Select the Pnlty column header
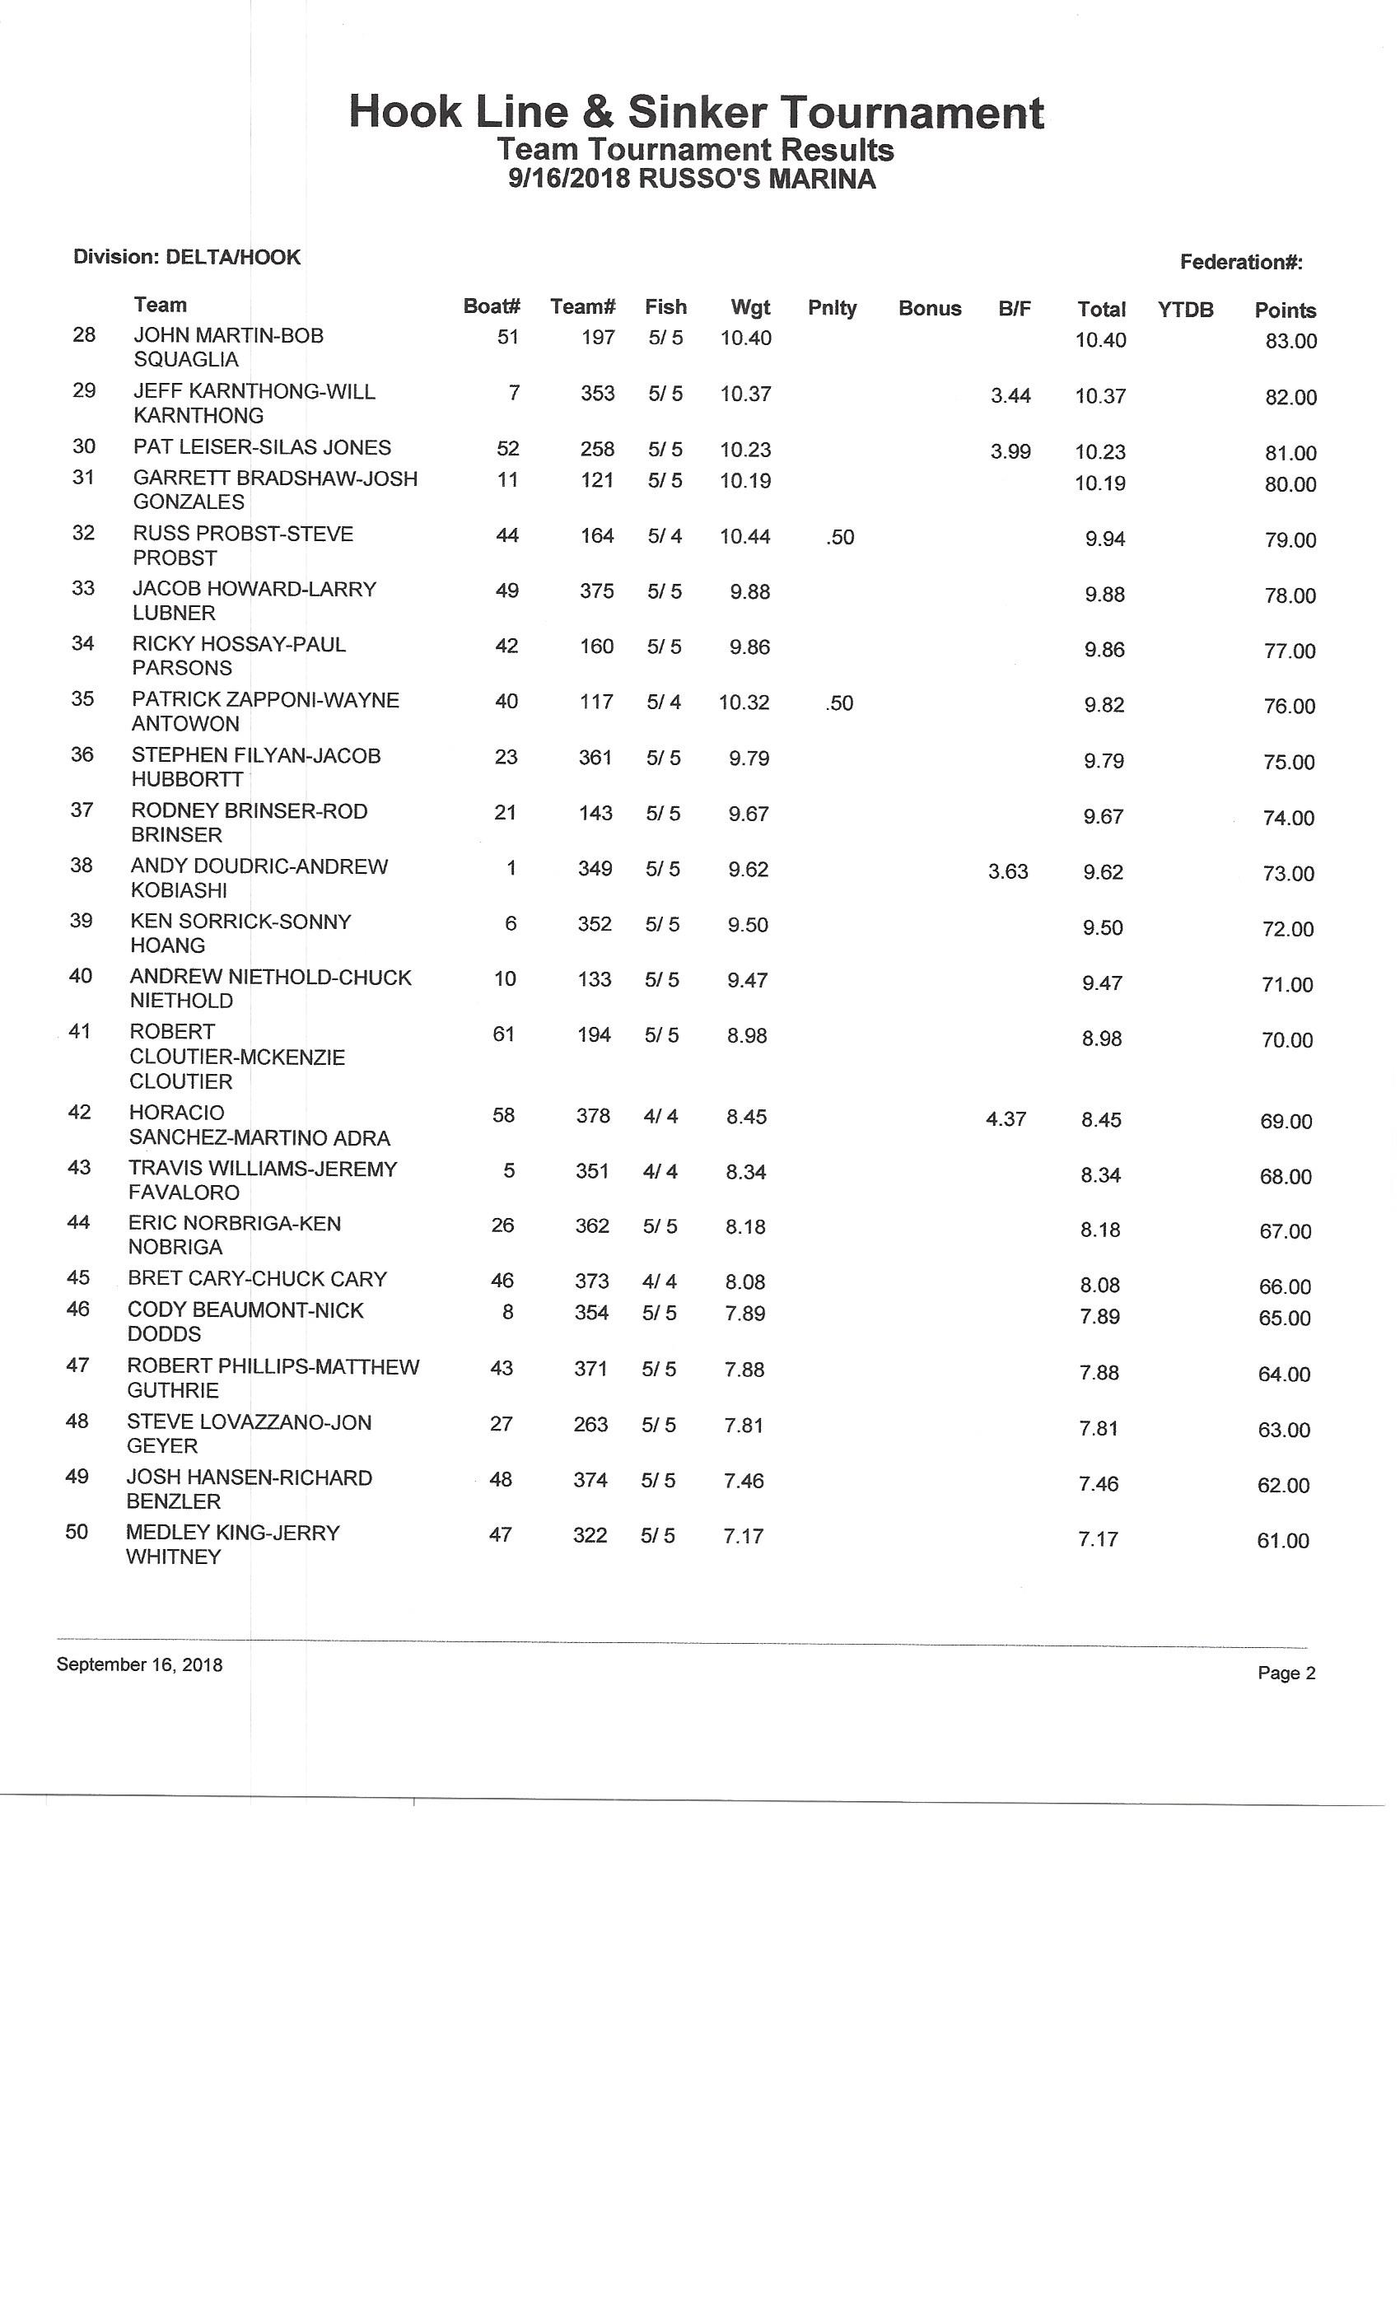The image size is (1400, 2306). click(831, 308)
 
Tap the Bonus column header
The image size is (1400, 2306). click(929, 309)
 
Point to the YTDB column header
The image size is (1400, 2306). click(1185, 310)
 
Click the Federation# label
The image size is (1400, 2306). click(1241, 262)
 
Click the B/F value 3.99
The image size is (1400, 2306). click(1010, 452)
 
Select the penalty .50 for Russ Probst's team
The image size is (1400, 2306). click(840, 537)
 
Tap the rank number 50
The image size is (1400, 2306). click(77, 1532)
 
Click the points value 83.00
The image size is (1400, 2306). click(1290, 342)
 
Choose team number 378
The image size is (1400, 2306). click(592, 1116)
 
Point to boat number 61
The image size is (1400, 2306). click(503, 1034)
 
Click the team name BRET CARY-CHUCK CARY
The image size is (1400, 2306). click(256, 1279)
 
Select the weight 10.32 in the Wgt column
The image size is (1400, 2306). click(744, 703)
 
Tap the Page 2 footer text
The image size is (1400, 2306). click(1286, 1673)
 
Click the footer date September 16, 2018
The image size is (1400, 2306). click(139, 1665)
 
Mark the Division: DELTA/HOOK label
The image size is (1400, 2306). click(186, 257)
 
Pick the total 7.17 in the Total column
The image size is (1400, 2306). click(1098, 1539)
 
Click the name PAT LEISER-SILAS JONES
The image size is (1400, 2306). click(262, 447)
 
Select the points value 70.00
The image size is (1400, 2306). click(1286, 1041)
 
